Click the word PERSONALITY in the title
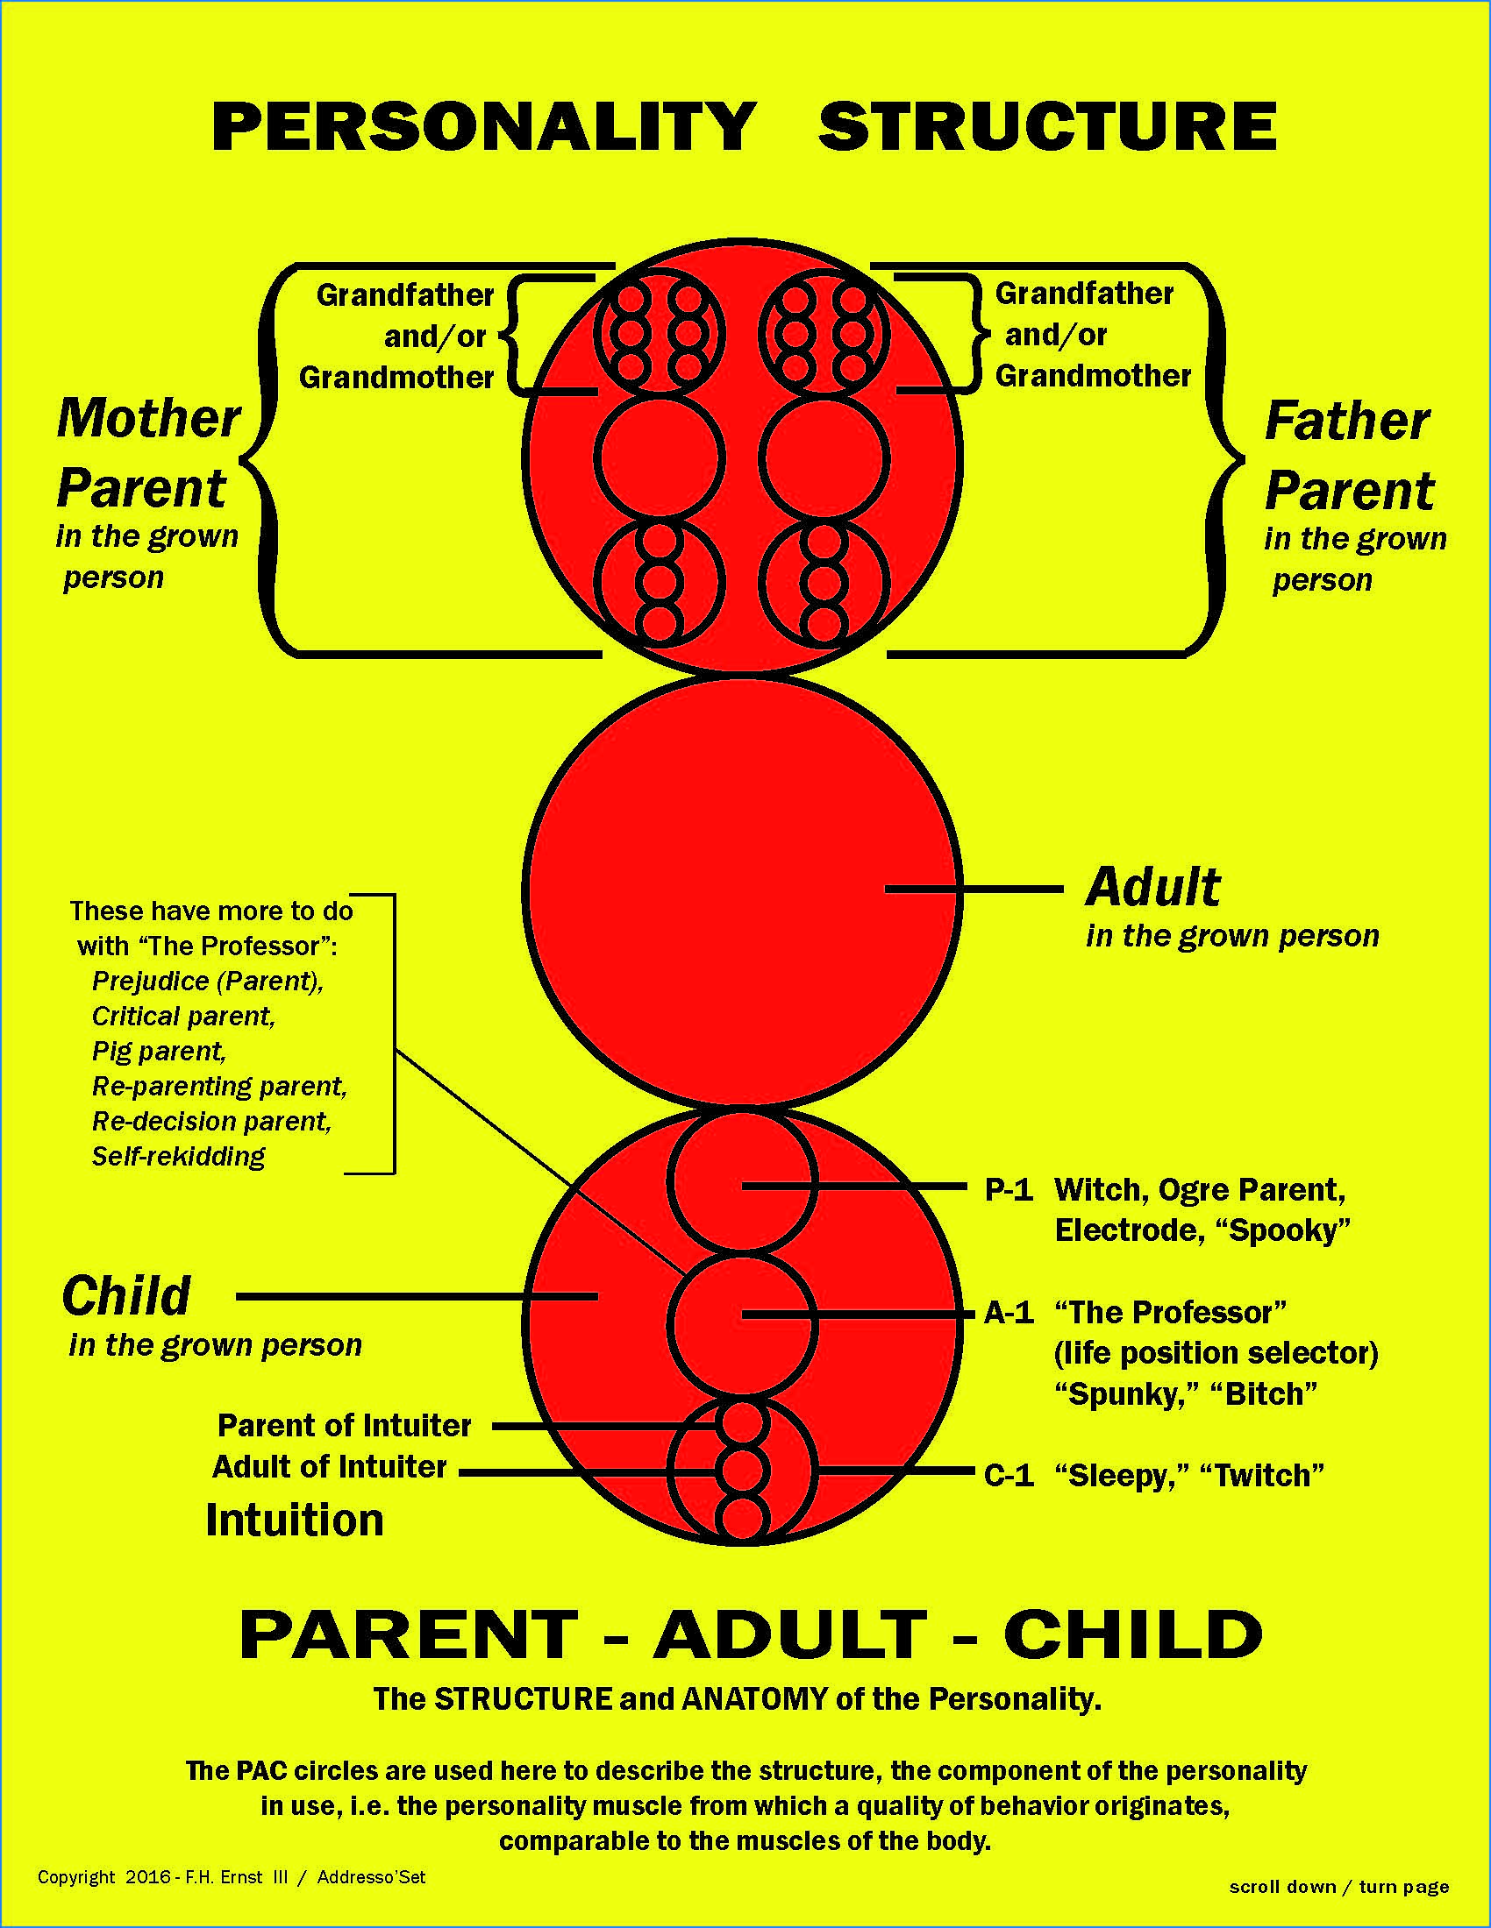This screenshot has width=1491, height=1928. [484, 126]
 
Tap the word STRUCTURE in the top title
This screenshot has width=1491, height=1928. [1047, 126]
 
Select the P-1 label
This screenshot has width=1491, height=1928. [1009, 1190]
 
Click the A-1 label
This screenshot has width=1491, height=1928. [1009, 1313]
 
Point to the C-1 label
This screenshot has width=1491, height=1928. [1009, 1475]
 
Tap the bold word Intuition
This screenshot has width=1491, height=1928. [295, 1520]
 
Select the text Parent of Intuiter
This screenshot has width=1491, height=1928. [345, 1426]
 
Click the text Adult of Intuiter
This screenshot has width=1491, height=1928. [330, 1467]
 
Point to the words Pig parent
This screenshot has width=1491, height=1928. [159, 1052]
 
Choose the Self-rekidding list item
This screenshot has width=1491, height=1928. [178, 1157]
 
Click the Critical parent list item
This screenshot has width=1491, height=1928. [183, 1017]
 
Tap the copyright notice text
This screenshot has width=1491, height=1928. [232, 1877]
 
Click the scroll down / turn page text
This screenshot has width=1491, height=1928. [1339, 1887]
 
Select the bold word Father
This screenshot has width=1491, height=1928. [1347, 422]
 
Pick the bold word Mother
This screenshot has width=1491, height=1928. [148, 418]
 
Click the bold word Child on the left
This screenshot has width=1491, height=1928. [126, 1296]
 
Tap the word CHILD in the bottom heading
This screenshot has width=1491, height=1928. [1133, 1634]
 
